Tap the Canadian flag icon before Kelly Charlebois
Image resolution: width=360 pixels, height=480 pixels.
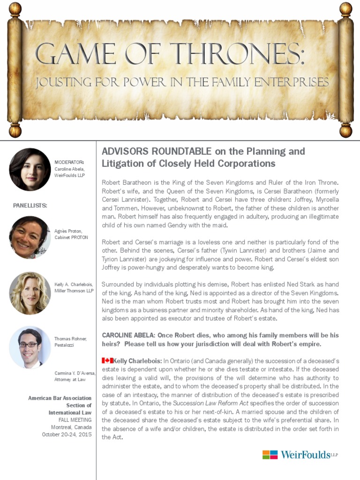(107, 360)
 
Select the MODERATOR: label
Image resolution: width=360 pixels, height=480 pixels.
(69, 162)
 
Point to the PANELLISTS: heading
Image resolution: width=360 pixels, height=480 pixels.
(30, 205)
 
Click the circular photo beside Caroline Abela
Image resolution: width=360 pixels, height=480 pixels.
(30, 169)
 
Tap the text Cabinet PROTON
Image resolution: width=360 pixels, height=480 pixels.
(71, 237)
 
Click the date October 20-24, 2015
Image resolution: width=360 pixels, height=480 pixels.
(67, 435)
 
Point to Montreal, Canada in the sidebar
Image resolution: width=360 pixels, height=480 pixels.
(71, 427)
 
